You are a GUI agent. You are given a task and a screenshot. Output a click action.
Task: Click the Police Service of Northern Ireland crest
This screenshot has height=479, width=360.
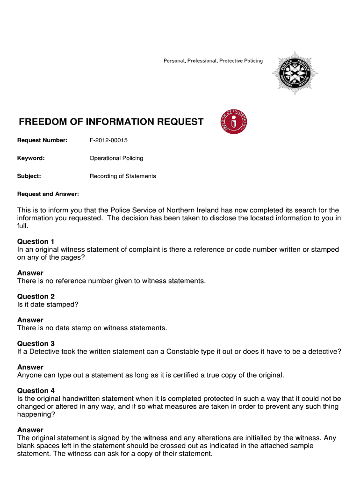[x=295, y=73]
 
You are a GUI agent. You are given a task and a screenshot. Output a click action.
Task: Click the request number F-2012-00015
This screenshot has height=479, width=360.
[x=108, y=140]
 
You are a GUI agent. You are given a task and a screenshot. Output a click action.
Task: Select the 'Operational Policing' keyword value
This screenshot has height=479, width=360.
[x=116, y=158]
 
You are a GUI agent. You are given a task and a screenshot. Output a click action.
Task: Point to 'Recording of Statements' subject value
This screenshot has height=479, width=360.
[x=122, y=176]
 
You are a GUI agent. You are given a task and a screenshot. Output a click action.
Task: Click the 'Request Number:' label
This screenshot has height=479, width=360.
[x=43, y=140]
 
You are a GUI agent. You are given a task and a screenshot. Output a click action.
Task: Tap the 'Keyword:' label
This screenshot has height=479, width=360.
[x=31, y=158]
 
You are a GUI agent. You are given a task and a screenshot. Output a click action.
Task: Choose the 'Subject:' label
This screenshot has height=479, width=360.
[x=29, y=176]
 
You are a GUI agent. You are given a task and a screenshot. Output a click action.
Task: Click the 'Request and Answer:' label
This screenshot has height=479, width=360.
[x=48, y=194]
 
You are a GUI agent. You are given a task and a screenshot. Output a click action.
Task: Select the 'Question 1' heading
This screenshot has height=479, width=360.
[x=36, y=242]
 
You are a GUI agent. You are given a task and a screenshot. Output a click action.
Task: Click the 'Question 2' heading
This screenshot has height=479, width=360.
[x=36, y=297]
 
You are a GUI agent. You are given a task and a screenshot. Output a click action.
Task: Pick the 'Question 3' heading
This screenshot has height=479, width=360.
[x=36, y=344]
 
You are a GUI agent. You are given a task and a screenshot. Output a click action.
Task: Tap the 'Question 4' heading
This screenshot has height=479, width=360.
[x=36, y=391]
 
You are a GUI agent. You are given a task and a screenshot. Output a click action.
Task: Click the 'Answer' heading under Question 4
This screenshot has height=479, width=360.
[x=30, y=430]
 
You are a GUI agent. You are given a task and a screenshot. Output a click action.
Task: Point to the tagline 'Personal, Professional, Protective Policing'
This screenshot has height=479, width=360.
[x=213, y=61]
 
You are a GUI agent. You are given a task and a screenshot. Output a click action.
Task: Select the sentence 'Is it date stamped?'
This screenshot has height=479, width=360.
[x=48, y=305]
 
